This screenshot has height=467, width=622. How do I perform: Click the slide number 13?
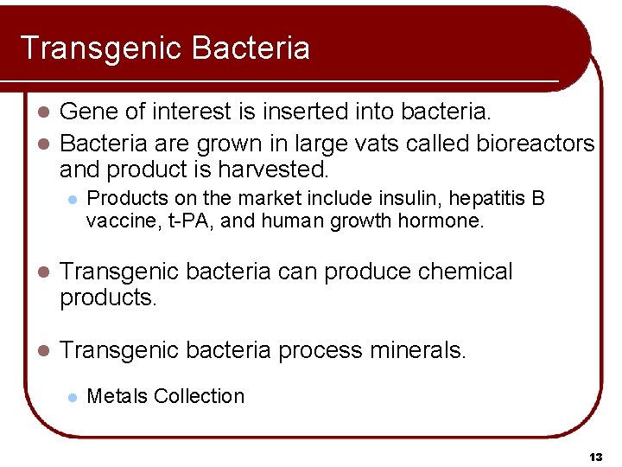point(595,456)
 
